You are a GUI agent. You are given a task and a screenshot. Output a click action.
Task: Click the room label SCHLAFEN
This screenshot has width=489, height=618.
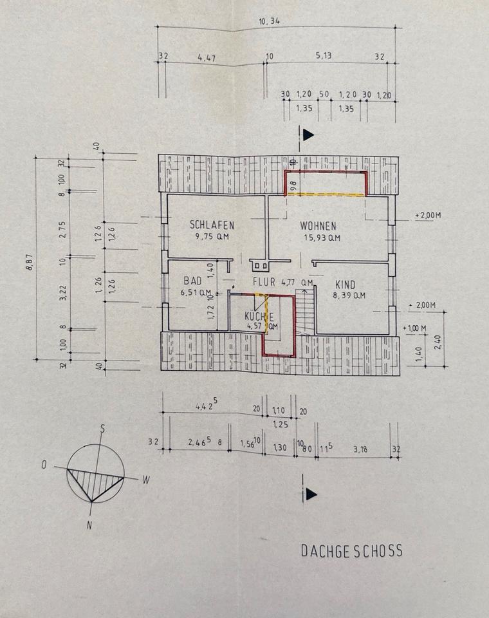click(211, 225)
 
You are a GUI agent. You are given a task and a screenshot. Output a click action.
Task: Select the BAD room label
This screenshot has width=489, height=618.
click(192, 281)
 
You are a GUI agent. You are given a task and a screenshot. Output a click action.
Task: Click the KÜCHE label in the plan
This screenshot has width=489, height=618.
click(259, 316)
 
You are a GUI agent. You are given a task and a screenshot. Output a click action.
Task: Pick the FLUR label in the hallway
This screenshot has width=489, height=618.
click(264, 281)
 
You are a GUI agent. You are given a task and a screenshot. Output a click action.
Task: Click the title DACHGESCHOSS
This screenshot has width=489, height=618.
click(351, 551)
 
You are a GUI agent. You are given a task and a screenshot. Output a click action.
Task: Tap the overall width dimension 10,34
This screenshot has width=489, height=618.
click(270, 21)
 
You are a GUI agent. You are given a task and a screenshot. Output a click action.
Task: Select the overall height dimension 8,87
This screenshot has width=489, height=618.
click(30, 265)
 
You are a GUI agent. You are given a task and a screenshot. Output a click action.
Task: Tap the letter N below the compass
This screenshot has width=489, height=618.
click(89, 525)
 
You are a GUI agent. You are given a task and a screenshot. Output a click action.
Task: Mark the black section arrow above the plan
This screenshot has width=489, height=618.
click(308, 135)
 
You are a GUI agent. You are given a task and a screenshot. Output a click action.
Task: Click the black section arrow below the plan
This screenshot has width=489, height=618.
click(311, 494)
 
